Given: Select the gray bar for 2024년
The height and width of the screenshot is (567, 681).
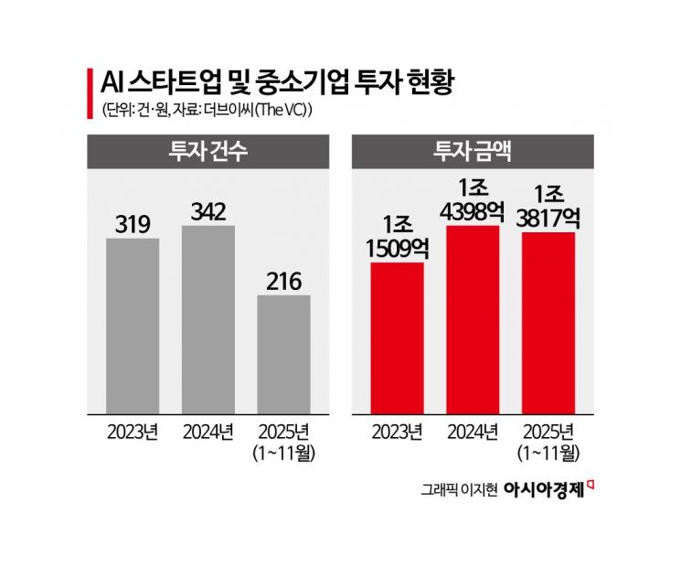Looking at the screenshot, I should click(x=207, y=319).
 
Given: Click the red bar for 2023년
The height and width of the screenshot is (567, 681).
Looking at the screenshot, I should click(x=397, y=337).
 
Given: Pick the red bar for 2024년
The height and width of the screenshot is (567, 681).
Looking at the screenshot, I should click(x=473, y=319).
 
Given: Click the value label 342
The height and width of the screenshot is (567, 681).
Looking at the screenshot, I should click(x=207, y=210).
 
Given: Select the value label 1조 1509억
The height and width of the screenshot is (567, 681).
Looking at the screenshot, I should click(x=397, y=235).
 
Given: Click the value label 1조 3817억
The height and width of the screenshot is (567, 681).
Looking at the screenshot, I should click(x=548, y=205).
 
